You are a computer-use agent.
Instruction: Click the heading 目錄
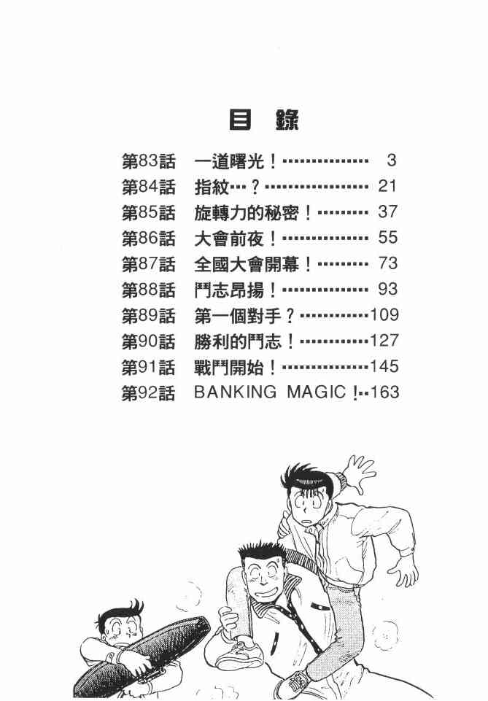[x=264, y=120]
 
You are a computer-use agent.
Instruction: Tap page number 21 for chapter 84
[x=387, y=187]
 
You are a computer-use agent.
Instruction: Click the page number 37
[x=387, y=212]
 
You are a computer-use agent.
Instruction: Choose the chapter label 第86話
[x=148, y=239]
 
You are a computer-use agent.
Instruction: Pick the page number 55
[x=387, y=239]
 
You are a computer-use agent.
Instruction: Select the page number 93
[x=387, y=290]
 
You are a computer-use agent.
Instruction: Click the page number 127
[x=384, y=341]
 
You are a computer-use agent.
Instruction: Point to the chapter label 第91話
[x=148, y=366]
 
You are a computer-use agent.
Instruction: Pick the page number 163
[x=384, y=392]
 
